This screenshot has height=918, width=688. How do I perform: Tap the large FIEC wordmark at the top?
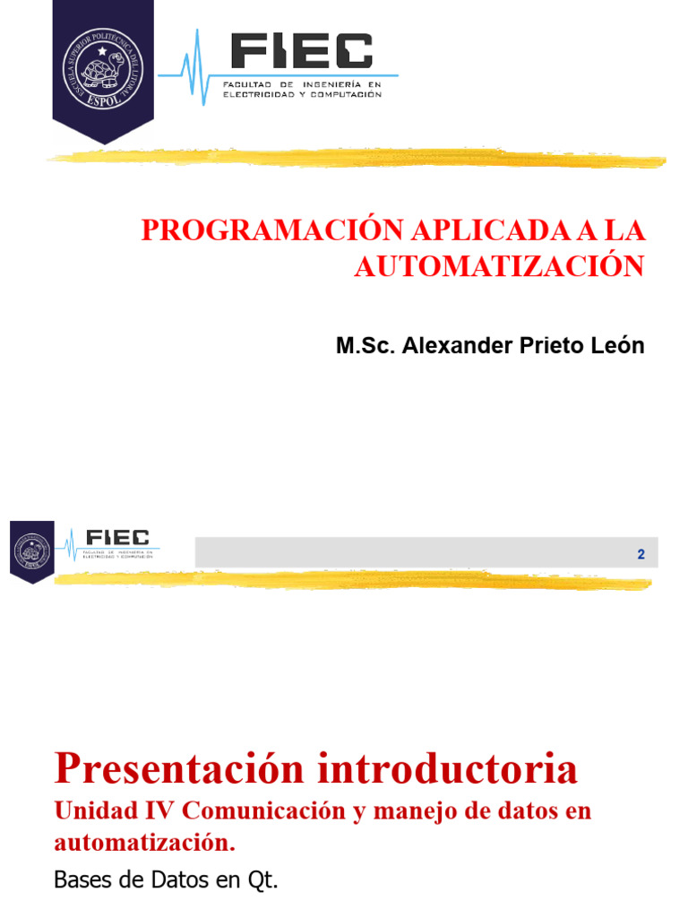tap(301, 51)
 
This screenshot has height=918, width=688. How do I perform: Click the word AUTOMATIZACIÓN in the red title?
tap(499, 266)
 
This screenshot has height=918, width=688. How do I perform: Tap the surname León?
tap(617, 346)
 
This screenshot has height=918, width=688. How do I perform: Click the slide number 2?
tap(641, 555)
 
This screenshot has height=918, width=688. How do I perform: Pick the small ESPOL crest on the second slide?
tap(31, 550)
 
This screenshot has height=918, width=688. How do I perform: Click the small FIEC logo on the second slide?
tap(116, 540)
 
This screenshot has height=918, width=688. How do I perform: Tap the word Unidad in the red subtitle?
tap(89, 811)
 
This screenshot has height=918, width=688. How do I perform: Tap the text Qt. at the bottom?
tap(263, 881)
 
